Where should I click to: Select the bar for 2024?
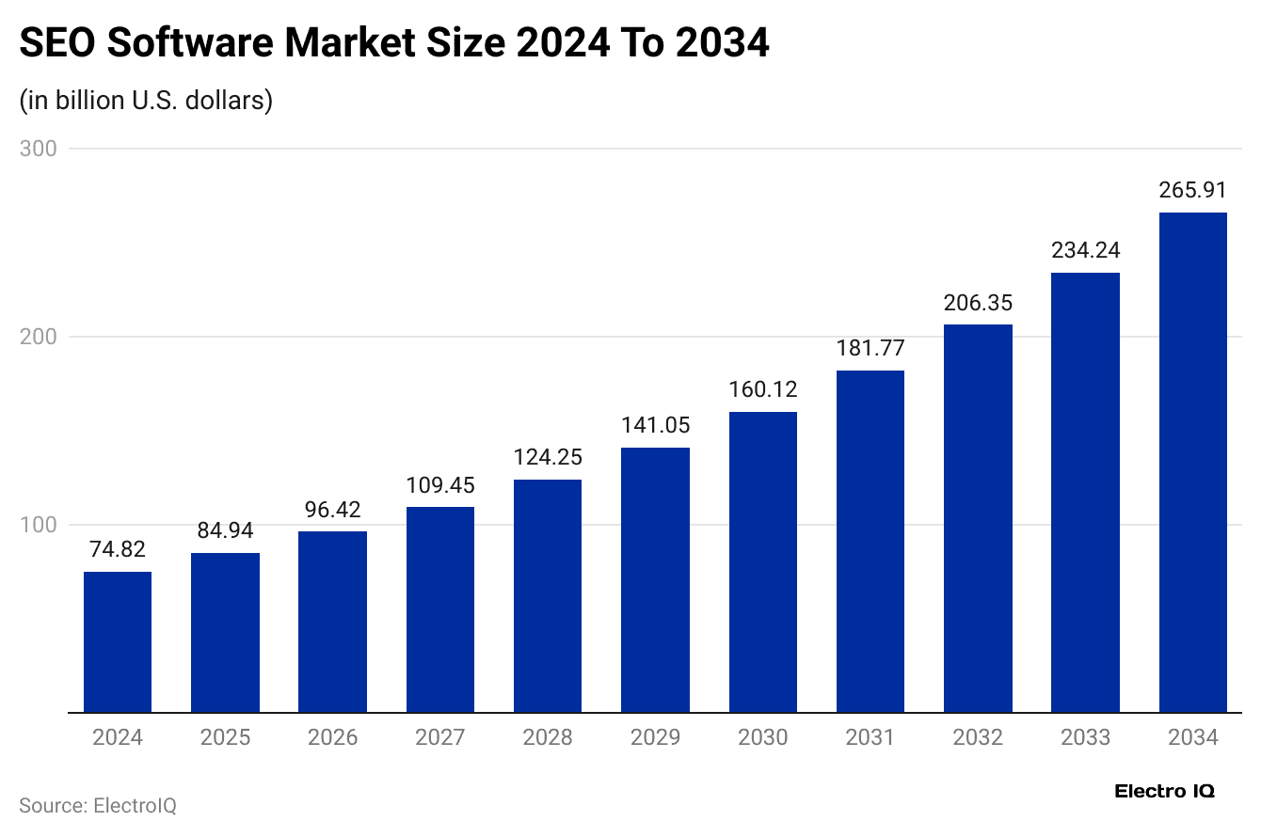click(118, 641)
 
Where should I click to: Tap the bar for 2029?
click(655, 579)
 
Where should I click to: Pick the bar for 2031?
click(870, 541)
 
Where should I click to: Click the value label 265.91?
click(1193, 190)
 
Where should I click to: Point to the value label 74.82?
click(118, 549)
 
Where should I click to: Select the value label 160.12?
click(763, 389)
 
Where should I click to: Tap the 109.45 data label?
click(440, 485)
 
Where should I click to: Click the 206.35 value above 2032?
click(978, 303)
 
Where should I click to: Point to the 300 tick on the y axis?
click(38, 149)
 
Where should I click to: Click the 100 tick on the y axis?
click(38, 525)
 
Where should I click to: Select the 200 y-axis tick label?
click(38, 337)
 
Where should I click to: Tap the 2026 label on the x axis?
click(332, 737)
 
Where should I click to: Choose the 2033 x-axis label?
click(1085, 737)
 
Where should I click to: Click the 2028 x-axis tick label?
click(548, 737)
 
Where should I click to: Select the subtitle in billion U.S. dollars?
click(146, 100)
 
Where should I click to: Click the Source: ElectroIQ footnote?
click(98, 806)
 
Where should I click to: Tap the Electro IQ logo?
click(1164, 792)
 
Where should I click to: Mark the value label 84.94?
click(225, 530)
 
